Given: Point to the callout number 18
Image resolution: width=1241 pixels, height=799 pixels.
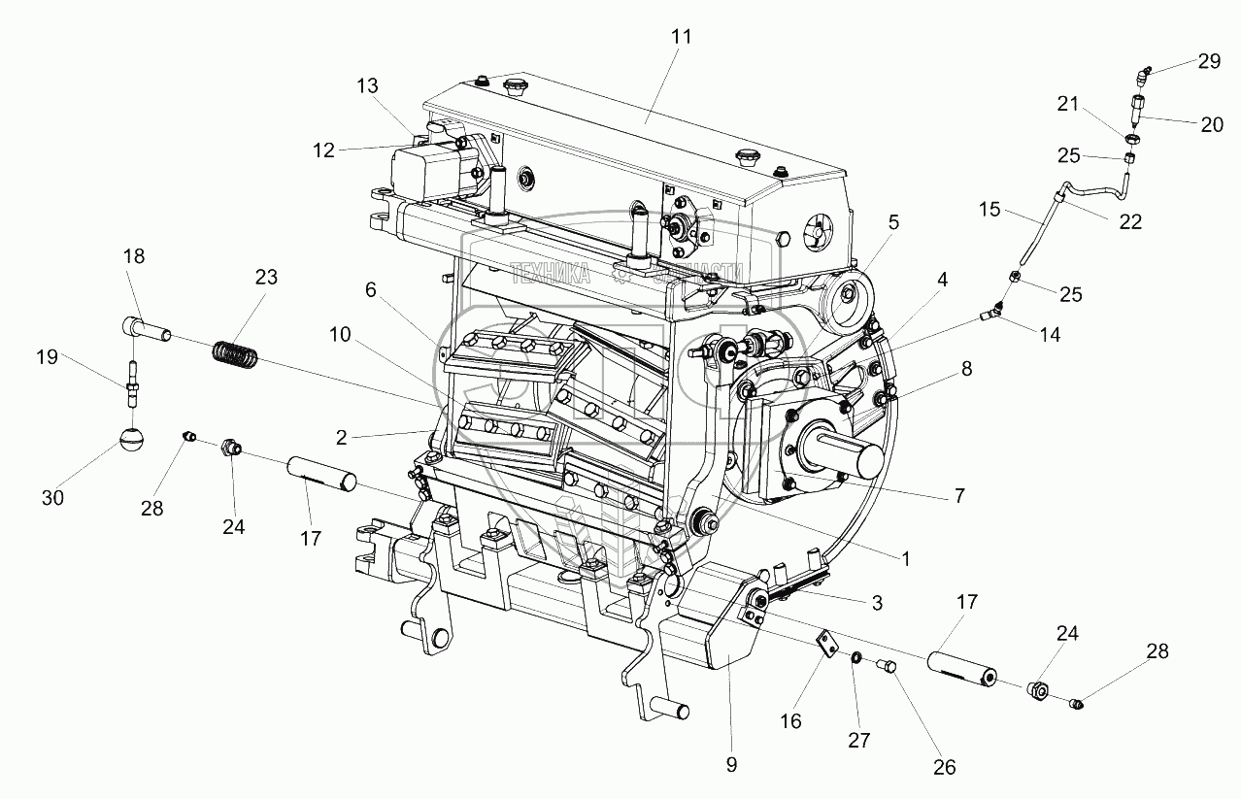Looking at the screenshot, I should coord(134,256).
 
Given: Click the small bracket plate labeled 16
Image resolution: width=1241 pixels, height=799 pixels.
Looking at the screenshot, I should coord(825,646).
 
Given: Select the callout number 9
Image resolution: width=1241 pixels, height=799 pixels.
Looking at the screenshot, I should coord(731,764).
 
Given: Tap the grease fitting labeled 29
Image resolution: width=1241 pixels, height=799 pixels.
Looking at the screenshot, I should coord(1145,73).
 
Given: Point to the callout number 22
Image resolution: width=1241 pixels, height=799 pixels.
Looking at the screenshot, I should coord(1130,221).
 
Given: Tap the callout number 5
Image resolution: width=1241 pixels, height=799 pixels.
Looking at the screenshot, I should coord(892,221).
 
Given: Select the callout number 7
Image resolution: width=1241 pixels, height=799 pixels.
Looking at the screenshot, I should coord(958,496).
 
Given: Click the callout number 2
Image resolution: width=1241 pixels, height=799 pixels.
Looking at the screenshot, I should coord(342,437).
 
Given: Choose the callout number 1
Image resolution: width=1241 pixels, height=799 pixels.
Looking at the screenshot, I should coord(905,559).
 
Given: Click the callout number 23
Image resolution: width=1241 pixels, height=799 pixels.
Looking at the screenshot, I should coord(266,278).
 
